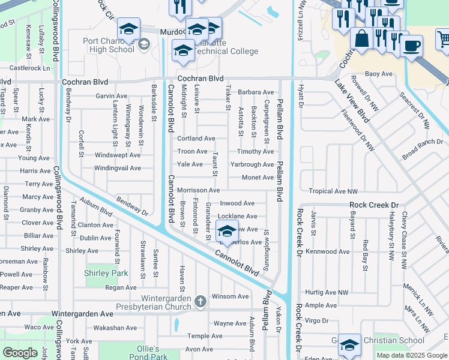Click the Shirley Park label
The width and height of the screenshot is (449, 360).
[x=107, y=273]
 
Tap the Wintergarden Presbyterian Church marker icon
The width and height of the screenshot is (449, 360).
[x=200, y=299]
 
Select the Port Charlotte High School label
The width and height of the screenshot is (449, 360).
[x=109, y=45]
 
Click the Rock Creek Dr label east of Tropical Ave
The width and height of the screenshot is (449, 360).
[x=374, y=205]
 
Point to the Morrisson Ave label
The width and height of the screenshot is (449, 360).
[x=198, y=190]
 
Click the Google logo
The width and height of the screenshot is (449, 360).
[x=20, y=353]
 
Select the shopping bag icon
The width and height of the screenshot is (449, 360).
[x=361, y=39]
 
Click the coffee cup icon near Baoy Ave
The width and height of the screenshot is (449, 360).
[x=412, y=46]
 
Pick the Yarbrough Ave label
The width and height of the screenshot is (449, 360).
[x=252, y=164]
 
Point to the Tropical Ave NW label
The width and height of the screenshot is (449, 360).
[x=333, y=191]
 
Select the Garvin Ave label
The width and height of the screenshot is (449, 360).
[x=112, y=96]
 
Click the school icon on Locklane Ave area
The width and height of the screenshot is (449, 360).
[x=227, y=232]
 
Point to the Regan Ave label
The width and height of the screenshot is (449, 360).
[x=117, y=287]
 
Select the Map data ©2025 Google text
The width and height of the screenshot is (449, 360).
[x=412, y=355]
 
